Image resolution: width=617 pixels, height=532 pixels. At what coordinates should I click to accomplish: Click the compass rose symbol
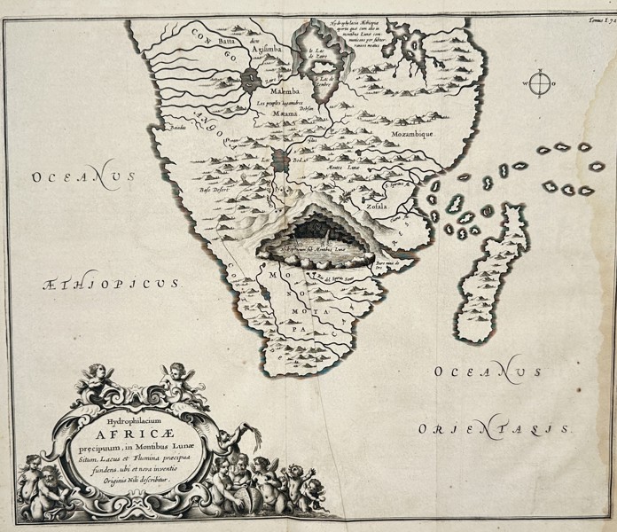click(x=539, y=85)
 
